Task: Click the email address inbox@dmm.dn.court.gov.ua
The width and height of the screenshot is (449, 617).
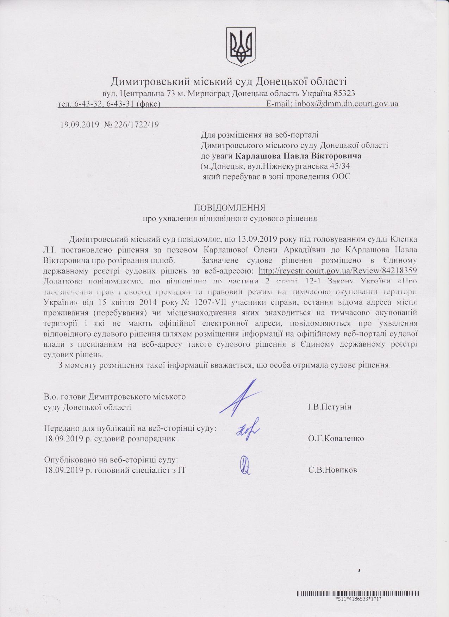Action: (347, 104)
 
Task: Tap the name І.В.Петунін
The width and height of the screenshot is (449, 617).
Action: (330, 407)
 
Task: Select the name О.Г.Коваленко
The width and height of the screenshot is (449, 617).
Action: (336, 439)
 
